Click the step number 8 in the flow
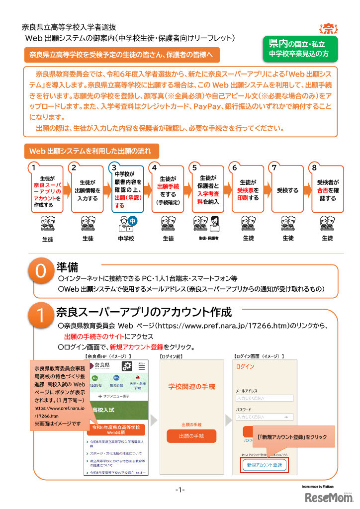click(315, 168)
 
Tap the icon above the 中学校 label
click(127, 222)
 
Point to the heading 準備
click(69, 267)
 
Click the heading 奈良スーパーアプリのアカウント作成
click(144, 312)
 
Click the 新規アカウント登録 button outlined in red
click(264, 465)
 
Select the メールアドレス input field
click(264, 398)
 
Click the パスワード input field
click(264, 417)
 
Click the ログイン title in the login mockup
click(246, 367)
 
